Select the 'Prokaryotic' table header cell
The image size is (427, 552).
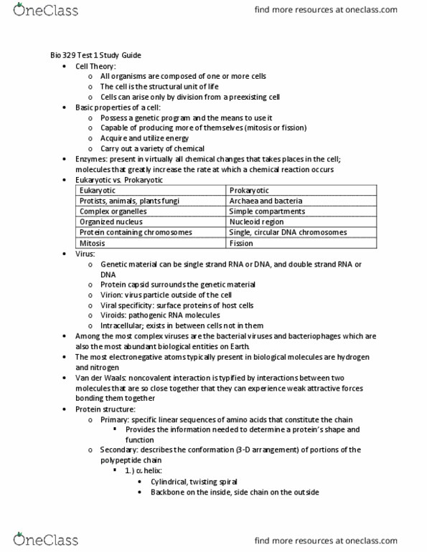(x=249, y=191)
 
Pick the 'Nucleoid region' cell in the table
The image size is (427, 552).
(x=256, y=222)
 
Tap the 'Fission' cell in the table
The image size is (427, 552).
(x=241, y=243)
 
